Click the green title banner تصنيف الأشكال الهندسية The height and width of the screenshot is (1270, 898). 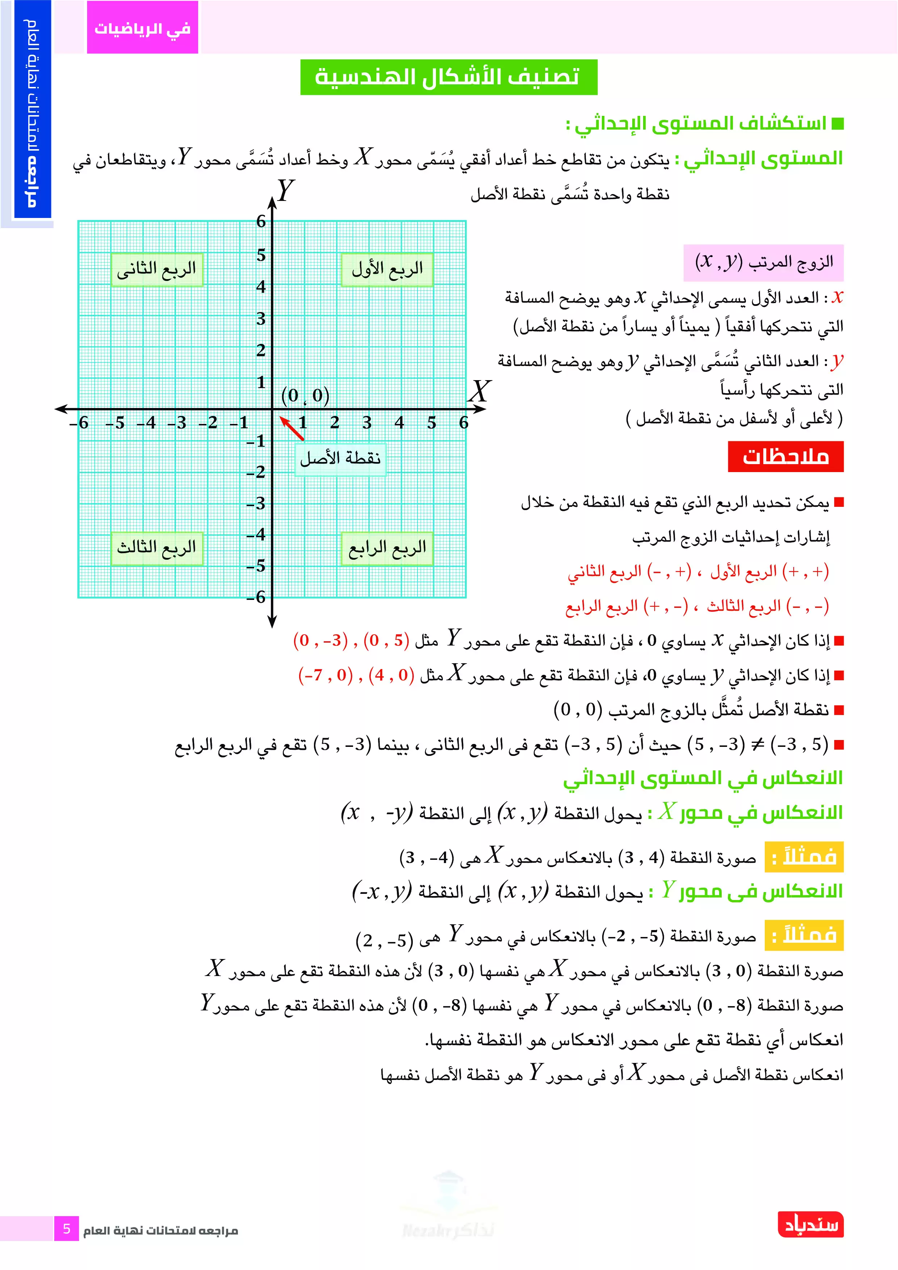click(x=448, y=77)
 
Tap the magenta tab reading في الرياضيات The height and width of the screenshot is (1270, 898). click(x=142, y=28)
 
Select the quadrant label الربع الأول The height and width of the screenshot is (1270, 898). click(x=387, y=269)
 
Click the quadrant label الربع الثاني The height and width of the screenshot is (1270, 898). click(x=156, y=269)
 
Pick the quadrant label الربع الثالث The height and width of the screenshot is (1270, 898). click(x=156, y=548)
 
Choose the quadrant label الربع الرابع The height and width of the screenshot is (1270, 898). click(x=387, y=548)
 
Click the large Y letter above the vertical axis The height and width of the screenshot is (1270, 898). click(x=285, y=191)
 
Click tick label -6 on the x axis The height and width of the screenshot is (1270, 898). click(x=79, y=423)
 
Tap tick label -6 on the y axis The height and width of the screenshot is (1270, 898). click(x=256, y=597)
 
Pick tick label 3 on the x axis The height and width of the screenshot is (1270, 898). click(x=367, y=423)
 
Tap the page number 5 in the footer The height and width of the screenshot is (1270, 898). click(x=66, y=1229)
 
